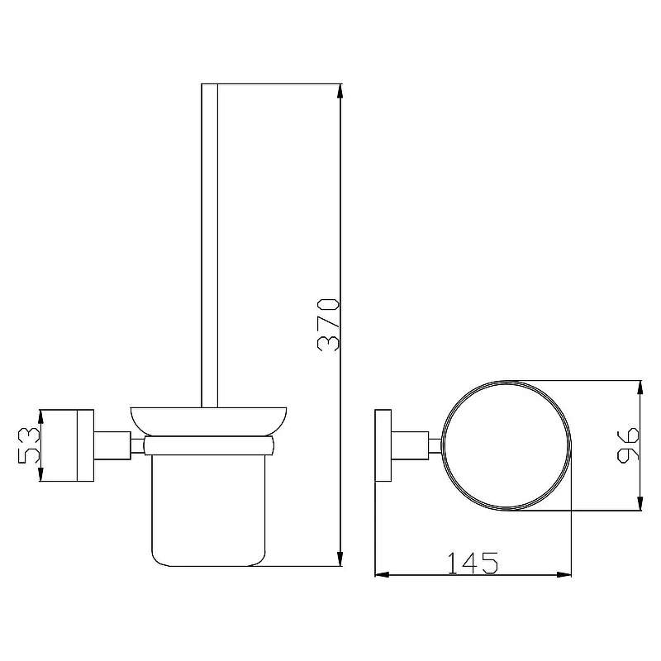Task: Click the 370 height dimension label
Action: pos(328,325)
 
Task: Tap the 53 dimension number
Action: pos(29,445)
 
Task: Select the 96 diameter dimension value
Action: pos(628,445)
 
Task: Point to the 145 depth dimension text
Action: pos(473,564)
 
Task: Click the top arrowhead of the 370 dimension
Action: pos(340,91)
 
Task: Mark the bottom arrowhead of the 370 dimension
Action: pos(340,559)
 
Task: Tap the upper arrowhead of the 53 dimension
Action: pos(40,417)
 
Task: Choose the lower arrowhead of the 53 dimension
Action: pos(40,473)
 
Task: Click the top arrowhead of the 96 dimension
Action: pos(640,388)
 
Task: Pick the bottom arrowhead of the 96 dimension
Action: pos(640,503)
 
